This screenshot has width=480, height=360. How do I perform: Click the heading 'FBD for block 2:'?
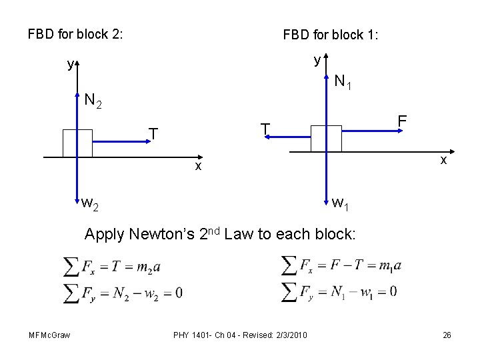tap(75, 33)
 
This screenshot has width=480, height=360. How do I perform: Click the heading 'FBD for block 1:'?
tap(330, 34)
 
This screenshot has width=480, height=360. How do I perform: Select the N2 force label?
tap(93, 101)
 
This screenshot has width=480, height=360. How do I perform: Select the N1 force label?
tap(343, 83)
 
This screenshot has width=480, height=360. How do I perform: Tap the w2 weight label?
tap(90, 203)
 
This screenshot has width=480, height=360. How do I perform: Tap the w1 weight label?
tap(340, 203)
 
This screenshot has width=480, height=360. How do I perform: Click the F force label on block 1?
tap(401, 122)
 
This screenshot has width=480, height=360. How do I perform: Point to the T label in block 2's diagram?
tap(153, 135)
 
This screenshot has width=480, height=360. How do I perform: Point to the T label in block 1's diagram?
tap(265, 128)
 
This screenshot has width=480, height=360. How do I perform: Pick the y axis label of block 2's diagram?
tap(69, 65)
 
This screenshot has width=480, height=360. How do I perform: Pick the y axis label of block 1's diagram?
tap(317, 60)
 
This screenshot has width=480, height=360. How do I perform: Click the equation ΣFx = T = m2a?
tap(111, 267)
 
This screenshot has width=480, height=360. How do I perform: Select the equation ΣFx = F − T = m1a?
tap(341, 265)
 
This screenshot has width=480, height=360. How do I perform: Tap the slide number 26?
tap(447, 335)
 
